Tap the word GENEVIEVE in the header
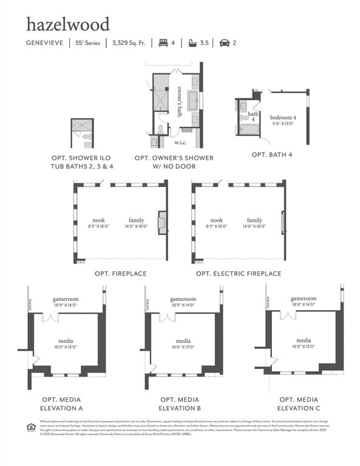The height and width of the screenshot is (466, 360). [45, 43]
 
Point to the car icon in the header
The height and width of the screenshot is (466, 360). [224, 43]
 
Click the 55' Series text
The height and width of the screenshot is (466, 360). [88, 43]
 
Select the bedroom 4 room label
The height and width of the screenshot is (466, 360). [283, 117]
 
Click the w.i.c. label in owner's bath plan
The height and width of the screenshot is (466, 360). [180, 143]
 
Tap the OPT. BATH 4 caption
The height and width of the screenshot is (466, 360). [272, 155]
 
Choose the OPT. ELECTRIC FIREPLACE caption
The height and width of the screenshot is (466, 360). [239, 274]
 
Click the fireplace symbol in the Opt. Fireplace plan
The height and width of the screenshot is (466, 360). [162, 223]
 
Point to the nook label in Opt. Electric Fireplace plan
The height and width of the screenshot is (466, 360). [217, 220]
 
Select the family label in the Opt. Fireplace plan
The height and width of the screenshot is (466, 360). [136, 220]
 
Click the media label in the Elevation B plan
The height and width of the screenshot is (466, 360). [183, 341]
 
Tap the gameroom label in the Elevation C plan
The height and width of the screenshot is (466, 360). [304, 299]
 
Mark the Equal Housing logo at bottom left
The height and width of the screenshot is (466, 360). [30, 426]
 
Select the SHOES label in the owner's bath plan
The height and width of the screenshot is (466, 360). [186, 130]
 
